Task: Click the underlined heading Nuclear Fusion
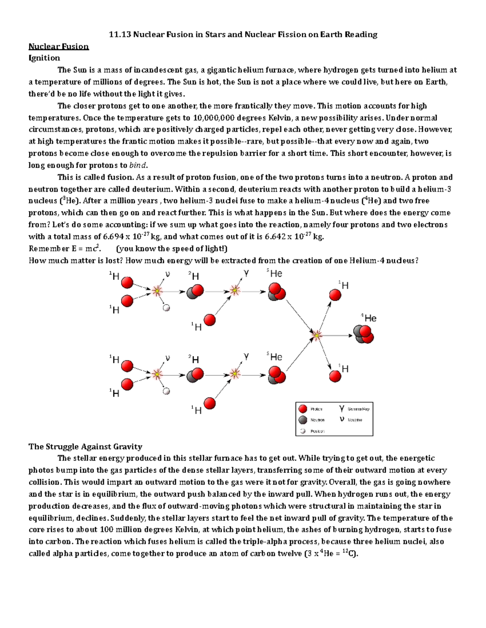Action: (58, 46)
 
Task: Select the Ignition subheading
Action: (44, 58)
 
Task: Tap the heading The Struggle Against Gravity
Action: (85, 446)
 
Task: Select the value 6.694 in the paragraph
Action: (114, 237)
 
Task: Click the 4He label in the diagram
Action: (369, 318)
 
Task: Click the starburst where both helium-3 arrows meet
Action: (317, 335)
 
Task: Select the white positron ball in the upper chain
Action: (166, 308)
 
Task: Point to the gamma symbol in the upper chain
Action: (246, 273)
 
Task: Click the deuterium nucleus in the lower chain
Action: (195, 375)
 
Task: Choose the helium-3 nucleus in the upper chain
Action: (276, 292)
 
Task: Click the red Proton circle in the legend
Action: (303, 409)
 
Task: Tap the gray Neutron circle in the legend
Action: (303, 420)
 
